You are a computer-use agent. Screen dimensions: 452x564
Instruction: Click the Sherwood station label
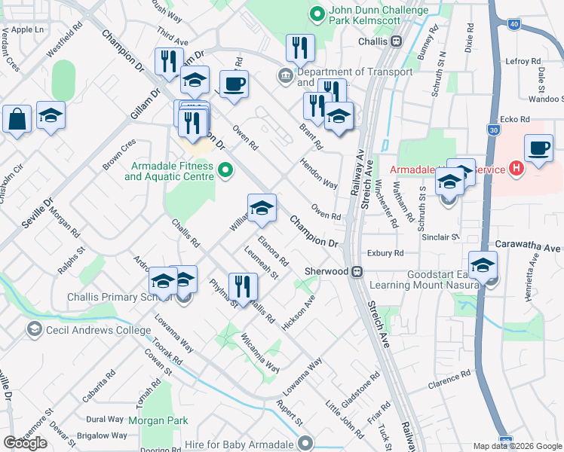(x=326, y=271)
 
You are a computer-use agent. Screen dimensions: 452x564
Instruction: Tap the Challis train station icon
(x=396, y=42)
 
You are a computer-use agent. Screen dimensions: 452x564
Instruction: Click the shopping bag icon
(x=17, y=119)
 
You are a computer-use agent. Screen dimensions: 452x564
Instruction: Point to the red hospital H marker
(x=516, y=169)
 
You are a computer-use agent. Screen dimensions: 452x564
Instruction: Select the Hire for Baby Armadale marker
(x=305, y=442)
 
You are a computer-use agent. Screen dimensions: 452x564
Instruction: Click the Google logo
(x=25, y=442)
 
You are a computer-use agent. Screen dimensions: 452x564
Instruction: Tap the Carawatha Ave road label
(x=529, y=247)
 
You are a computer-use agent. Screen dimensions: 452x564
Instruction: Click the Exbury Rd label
(x=386, y=253)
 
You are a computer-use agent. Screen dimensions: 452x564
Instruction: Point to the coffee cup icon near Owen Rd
(x=234, y=84)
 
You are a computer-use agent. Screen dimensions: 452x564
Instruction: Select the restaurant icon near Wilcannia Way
(x=243, y=286)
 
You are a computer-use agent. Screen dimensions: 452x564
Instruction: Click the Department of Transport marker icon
(x=286, y=75)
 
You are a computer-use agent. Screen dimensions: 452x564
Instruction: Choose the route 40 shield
(x=514, y=25)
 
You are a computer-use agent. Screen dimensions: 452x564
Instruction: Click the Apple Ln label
(x=28, y=29)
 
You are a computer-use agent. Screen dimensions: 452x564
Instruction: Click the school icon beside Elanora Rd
(x=262, y=209)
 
